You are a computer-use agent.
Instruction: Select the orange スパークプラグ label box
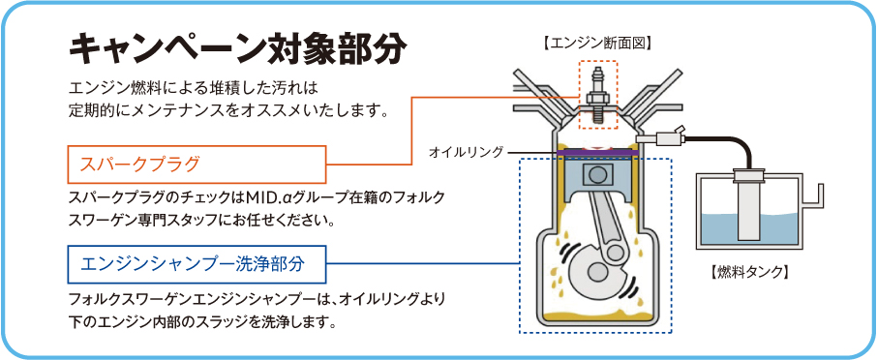197,165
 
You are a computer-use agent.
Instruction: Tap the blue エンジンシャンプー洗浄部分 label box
197,264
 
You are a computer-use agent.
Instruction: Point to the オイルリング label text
466,152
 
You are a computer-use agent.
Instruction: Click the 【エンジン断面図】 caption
597,42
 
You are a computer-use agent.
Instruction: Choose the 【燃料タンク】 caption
748,272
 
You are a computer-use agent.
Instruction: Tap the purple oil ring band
598,152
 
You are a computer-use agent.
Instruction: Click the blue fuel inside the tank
748,230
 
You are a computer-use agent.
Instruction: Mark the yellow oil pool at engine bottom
598,317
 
